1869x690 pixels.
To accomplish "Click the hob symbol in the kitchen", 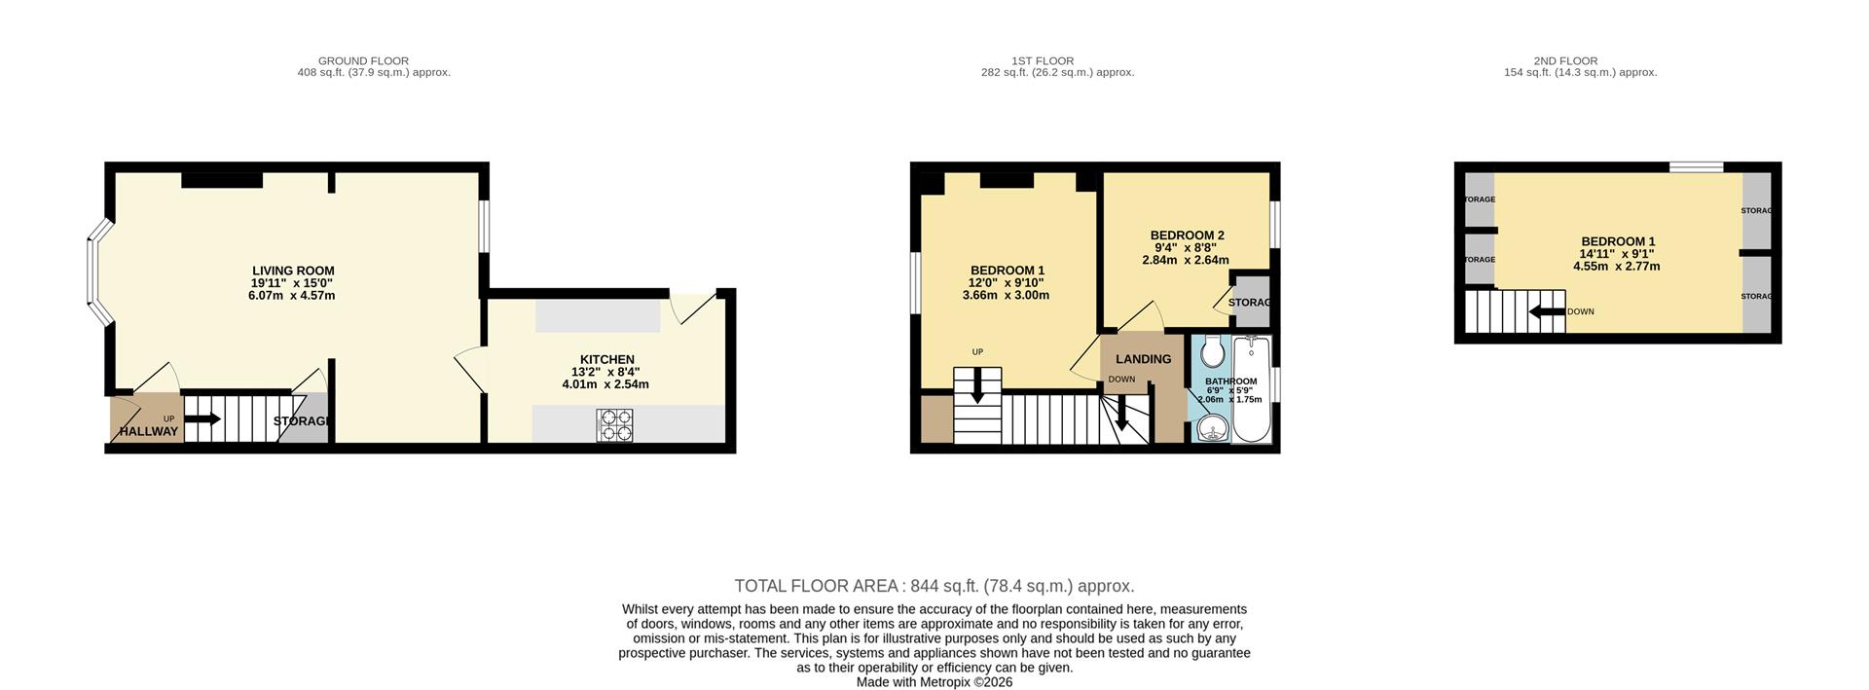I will tap(615, 425).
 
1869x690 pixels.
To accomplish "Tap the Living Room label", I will tap(293, 271).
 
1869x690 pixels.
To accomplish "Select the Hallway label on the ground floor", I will tap(149, 431).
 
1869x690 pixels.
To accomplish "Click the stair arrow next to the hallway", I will tap(202, 419).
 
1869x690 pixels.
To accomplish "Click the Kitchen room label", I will tap(606, 359).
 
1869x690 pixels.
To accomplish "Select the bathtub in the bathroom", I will tap(1252, 389).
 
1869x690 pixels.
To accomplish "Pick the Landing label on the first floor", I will tap(1143, 359).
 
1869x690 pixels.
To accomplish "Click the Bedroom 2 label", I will tap(1187, 235).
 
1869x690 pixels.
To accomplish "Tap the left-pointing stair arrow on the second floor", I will tap(1546, 312).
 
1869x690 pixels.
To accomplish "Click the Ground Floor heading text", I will tap(363, 60).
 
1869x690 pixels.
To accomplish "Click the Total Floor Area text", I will tap(934, 586).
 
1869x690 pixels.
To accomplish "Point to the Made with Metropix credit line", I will tap(934, 682).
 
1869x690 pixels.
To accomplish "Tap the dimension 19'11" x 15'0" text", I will tap(292, 283).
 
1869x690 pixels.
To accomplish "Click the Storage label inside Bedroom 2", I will tap(1250, 303).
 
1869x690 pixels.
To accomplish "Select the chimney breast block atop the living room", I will tap(222, 179).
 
